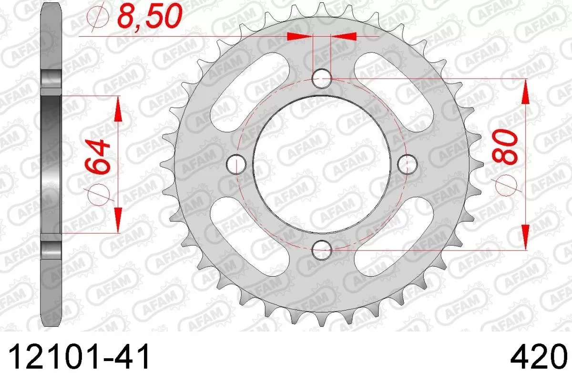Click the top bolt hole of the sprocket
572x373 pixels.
click(322, 78)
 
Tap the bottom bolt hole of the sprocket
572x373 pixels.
click(322, 247)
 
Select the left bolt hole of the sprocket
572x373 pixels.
click(235, 164)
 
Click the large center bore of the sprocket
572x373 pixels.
click(321, 164)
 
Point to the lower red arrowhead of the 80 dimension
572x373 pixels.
click(525, 236)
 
